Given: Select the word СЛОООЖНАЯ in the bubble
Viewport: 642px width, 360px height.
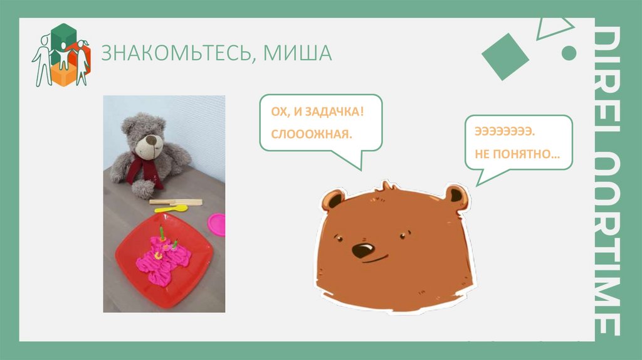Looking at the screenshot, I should point(312,135).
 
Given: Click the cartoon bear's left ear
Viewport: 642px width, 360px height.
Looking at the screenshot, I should point(332,200).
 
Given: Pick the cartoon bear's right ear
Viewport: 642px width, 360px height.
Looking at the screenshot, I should point(455,196).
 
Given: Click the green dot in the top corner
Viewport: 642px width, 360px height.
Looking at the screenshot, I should point(569,53).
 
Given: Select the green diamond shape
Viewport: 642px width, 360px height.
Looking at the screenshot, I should point(505,56).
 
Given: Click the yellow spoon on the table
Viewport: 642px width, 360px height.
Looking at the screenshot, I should point(176,208).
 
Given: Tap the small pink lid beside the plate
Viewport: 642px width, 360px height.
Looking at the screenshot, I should point(217,223).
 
